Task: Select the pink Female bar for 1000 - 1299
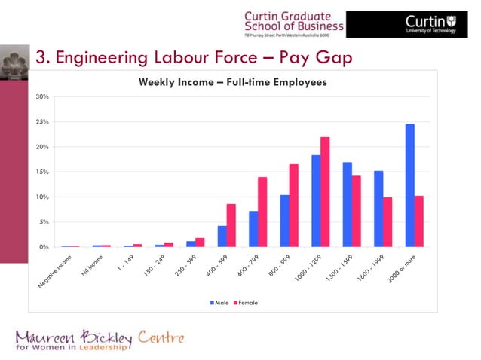pyautogui.click(x=325, y=192)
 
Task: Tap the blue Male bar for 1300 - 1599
pyautogui.click(x=347, y=205)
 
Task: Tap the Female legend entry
pyautogui.click(x=247, y=303)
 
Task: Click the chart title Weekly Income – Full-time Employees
pyautogui.click(x=232, y=82)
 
